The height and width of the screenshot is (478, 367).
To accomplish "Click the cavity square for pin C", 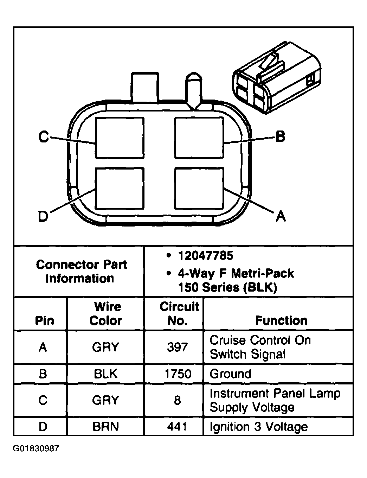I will [120, 138].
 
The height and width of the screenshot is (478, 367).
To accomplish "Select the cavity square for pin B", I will [199, 138].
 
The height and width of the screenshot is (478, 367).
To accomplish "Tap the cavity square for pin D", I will [120, 188].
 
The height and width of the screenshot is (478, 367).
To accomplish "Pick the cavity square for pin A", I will [199, 188].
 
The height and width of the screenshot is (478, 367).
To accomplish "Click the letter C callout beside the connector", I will [43, 137].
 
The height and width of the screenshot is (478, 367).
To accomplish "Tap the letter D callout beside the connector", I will [43, 216].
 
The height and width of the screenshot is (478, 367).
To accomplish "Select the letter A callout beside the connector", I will [281, 216].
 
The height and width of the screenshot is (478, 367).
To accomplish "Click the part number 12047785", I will [206, 256].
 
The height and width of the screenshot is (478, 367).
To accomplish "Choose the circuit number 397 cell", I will [177, 347].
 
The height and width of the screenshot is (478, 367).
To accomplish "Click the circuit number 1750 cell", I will [178, 374].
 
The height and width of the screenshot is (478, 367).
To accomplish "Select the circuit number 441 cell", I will [177, 427].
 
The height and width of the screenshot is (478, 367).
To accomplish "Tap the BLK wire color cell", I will [105, 374].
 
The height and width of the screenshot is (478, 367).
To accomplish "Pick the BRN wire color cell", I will [105, 427].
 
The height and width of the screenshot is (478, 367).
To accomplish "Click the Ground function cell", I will [231, 374].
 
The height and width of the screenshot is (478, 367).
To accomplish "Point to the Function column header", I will [281, 320].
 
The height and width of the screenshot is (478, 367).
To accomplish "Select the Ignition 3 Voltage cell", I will [259, 427].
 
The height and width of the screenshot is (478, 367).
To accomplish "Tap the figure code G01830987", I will [36, 449].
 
